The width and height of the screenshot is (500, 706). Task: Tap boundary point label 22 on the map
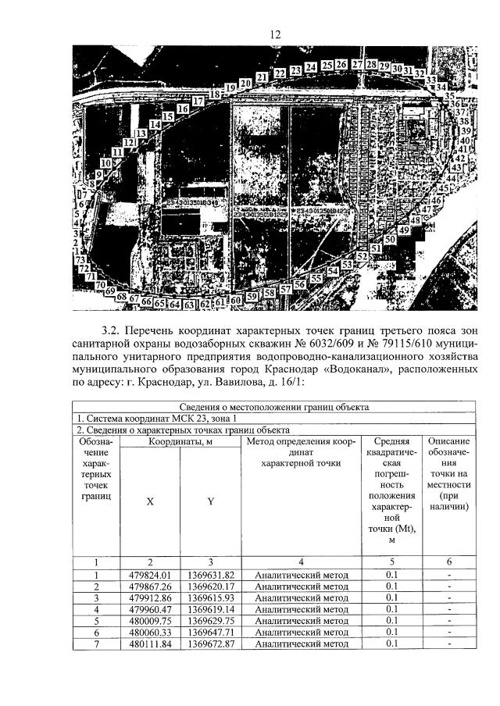click(280, 73)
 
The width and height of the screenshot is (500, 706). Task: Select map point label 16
click(183, 109)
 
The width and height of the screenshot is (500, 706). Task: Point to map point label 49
click(404, 231)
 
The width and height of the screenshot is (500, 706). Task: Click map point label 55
click(316, 278)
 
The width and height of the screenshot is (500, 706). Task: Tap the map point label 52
click(362, 256)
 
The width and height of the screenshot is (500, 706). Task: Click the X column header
click(150, 502)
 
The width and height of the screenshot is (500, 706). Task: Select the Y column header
click(210, 502)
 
